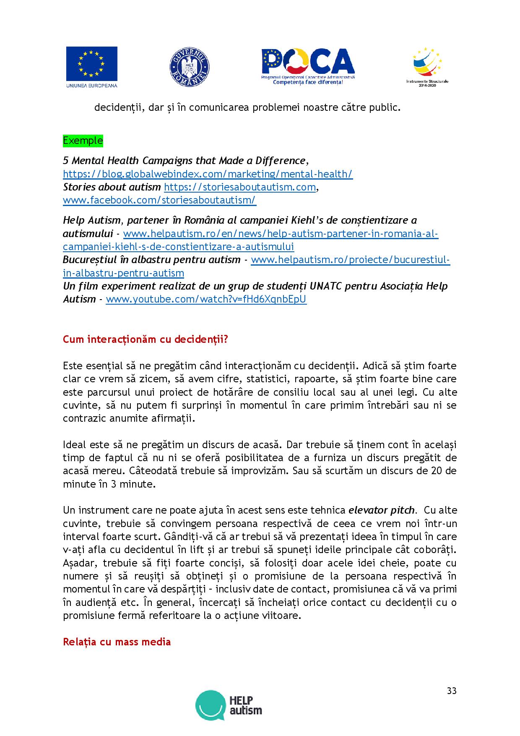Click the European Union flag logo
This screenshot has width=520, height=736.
(x=91, y=63)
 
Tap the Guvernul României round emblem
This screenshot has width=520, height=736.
(x=190, y=67)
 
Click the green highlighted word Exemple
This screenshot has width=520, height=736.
(x=83, y=140)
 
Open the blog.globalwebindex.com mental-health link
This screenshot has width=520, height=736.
(x=208, y=174)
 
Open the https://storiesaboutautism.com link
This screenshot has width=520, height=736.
(x=239, y=187)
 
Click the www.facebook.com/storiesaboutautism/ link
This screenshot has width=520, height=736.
(x=159, y=200)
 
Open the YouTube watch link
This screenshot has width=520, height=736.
(x=206, y=299)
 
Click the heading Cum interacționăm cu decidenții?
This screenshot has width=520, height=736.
(x=145, y=339)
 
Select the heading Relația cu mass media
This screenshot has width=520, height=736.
(x=117, y=642)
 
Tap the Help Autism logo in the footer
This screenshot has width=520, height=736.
(x=229, y=705)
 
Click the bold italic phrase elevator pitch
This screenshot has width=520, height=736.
(x=382, y=510)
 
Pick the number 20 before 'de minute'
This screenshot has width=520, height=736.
(x=437, y=470)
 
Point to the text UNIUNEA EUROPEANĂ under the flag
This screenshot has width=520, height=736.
(x=91, y=85)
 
